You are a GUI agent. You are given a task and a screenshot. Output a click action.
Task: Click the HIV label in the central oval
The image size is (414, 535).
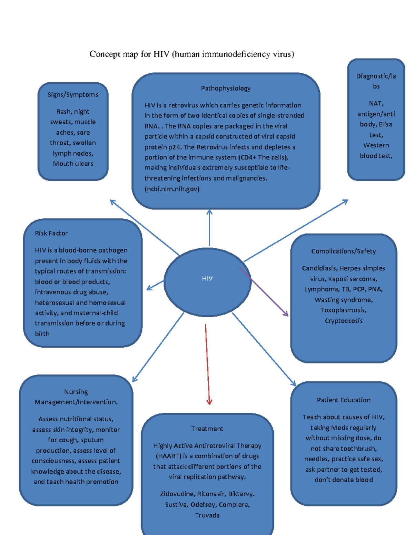point(207,278)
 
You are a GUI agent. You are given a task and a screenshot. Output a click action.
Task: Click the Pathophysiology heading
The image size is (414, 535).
point(226,88)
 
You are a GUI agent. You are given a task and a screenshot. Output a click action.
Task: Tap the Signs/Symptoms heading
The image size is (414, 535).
point(73,94)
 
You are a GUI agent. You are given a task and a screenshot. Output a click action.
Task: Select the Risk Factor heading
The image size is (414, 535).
point(51,233)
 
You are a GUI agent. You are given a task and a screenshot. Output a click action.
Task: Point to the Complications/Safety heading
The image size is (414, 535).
point(343,251)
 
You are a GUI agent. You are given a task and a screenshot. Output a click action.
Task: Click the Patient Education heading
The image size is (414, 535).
point(344,400)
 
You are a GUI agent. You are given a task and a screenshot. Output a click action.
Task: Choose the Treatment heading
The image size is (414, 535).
point(207,429)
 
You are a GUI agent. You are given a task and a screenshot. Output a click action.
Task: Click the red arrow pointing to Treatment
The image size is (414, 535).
point(207,365)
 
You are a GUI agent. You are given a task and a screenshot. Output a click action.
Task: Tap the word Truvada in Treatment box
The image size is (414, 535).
point(207,515)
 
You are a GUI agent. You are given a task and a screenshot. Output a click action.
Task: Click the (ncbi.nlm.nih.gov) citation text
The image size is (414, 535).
point(172,189)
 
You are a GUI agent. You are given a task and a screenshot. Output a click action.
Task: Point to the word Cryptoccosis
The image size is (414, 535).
point(344,321)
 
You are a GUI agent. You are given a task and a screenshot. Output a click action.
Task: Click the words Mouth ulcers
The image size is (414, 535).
point(73,164)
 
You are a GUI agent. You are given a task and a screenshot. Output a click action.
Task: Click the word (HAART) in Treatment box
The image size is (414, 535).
point(169,456)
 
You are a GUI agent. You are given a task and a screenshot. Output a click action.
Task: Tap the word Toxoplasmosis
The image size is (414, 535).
point(343,310)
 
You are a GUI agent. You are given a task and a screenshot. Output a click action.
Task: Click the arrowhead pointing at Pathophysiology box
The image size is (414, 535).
point(209,212)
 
